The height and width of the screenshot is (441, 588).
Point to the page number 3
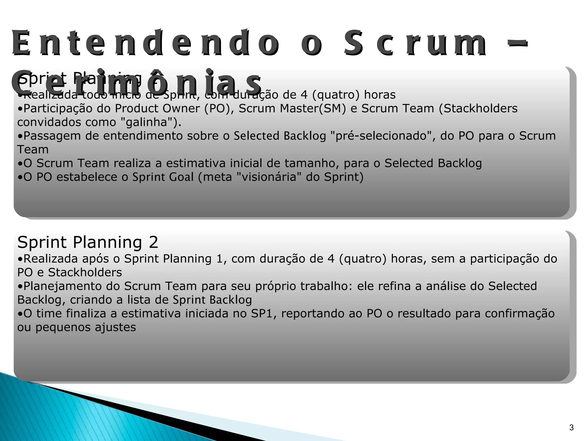point(571,428)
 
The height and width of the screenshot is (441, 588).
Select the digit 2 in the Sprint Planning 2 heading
point(154,242)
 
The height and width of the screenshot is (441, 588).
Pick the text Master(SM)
point(313,109)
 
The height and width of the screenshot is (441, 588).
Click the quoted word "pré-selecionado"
point(382,136)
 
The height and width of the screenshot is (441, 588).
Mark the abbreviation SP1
point(263,313)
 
